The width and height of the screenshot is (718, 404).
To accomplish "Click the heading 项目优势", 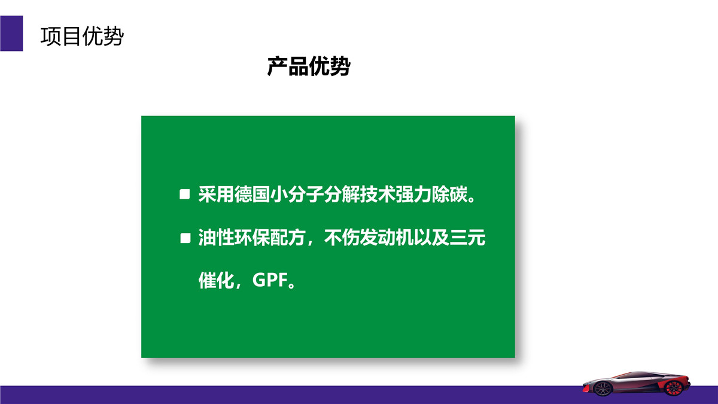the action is click(x=82, y=37).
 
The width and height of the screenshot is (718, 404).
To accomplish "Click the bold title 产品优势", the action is click(x=309, y=66).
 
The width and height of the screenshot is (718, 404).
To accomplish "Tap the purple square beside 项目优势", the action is click(x=11, y=34).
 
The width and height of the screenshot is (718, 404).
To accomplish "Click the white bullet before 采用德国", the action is click(x=185, y=195).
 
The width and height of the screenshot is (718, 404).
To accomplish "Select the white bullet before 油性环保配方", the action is click(x=185, y=238).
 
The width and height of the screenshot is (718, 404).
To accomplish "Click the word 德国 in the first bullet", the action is click(x=252, y=195).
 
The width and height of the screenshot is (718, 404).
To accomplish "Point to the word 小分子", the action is click(x=297, y=195).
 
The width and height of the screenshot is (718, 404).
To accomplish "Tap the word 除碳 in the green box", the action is click(x=449, y=195).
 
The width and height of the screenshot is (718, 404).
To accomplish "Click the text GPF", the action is click(x=270, y=280).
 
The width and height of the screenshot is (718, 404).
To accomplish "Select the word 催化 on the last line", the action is click(x=217, y=280).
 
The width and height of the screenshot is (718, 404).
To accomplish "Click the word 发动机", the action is click(x=387, y=238).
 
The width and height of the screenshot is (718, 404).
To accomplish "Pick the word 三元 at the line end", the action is click(x=467, y=238).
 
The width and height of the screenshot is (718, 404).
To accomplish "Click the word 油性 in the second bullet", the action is click(x=217, y=238).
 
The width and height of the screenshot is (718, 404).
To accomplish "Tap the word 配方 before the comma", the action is click(x=288, y=238).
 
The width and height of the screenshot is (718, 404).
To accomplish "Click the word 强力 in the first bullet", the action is click(x=413, y=195).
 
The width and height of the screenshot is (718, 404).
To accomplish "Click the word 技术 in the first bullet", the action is click(x=378, y=195).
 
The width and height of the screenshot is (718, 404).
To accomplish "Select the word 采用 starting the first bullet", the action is click(x=217, y=195).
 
